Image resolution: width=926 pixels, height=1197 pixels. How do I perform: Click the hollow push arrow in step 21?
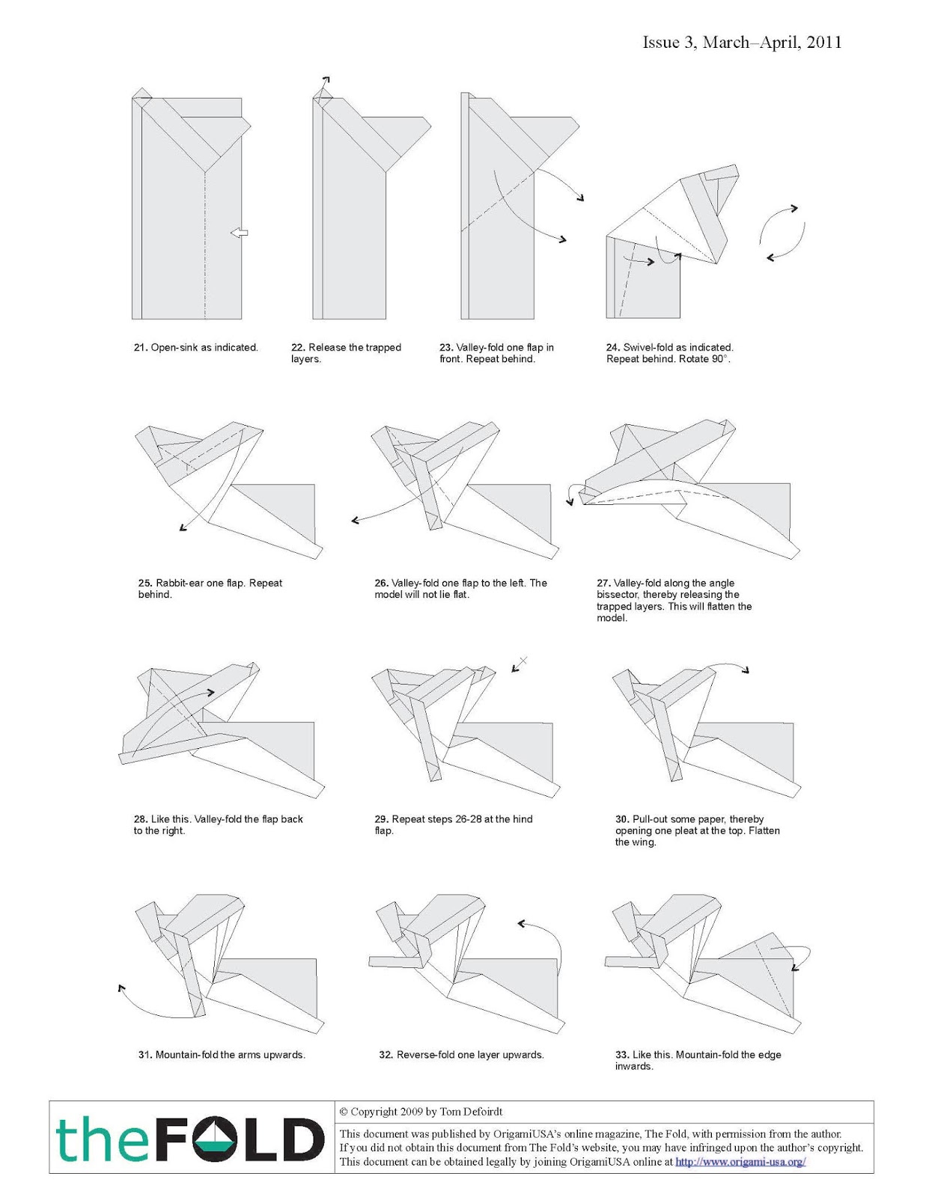(240, 233)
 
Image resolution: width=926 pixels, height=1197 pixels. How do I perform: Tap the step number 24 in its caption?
(612, 348)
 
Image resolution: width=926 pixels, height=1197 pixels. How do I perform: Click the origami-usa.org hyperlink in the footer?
(740, 1162)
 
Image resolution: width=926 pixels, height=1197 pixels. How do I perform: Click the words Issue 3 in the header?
(668, 43)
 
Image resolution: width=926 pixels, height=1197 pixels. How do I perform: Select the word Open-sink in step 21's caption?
(174, 348)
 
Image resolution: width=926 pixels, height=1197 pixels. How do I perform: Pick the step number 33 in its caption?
(621, 1055)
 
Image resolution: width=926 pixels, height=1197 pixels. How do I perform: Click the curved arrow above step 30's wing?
(730, 665)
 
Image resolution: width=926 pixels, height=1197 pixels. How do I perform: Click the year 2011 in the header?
(824, 43)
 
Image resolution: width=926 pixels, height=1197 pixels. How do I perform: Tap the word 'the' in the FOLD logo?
(99, 1139)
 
